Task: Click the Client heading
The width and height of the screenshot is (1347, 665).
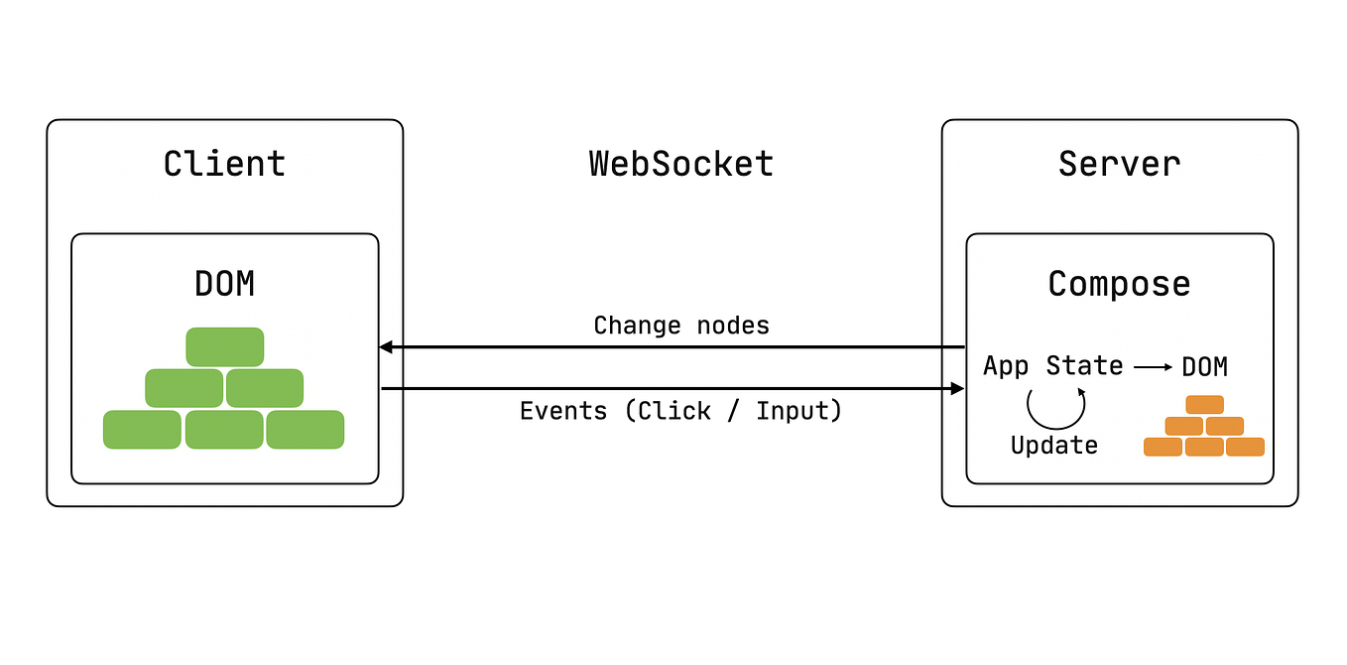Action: click(x=224, y=164)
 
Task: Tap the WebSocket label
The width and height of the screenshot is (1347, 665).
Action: click(x=681, y=164)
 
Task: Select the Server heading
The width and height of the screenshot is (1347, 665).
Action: click(x=1119, y=164)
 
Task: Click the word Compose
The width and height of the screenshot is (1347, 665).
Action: click(x=1119, y=285)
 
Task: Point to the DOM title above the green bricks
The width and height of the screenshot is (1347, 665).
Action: click(x=224, y=285)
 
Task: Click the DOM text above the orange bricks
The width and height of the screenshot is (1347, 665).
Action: click(x=1204, y=367)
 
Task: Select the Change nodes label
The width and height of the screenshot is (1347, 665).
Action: click(x=681, y=326)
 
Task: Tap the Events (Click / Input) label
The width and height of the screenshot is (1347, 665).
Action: click(x=680, y=411)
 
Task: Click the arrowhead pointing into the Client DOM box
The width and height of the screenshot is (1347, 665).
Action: click(x=387, y=347)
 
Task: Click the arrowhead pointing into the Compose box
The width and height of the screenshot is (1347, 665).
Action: click(x=957, y=389)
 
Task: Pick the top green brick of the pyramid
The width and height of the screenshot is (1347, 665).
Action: click(x=224, y=346)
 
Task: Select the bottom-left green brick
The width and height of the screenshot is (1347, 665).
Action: click(x=143, y=430)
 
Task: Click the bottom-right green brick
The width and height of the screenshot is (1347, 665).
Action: click(x=306, y=430)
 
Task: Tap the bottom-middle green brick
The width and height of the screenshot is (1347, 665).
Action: click(x=224, y=430)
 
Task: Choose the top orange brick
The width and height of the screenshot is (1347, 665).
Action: click(x=1204, y=405)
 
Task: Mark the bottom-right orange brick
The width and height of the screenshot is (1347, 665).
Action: click(x=1245, y=447)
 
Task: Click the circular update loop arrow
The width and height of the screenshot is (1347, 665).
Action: click(x=1054, y=406)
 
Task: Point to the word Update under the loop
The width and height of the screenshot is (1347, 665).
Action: click(x=1054, y=446)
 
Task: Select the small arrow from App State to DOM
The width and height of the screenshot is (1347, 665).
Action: click(x=1153, y=367)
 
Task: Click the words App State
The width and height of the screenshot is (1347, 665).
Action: click(x=1052, y=366)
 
